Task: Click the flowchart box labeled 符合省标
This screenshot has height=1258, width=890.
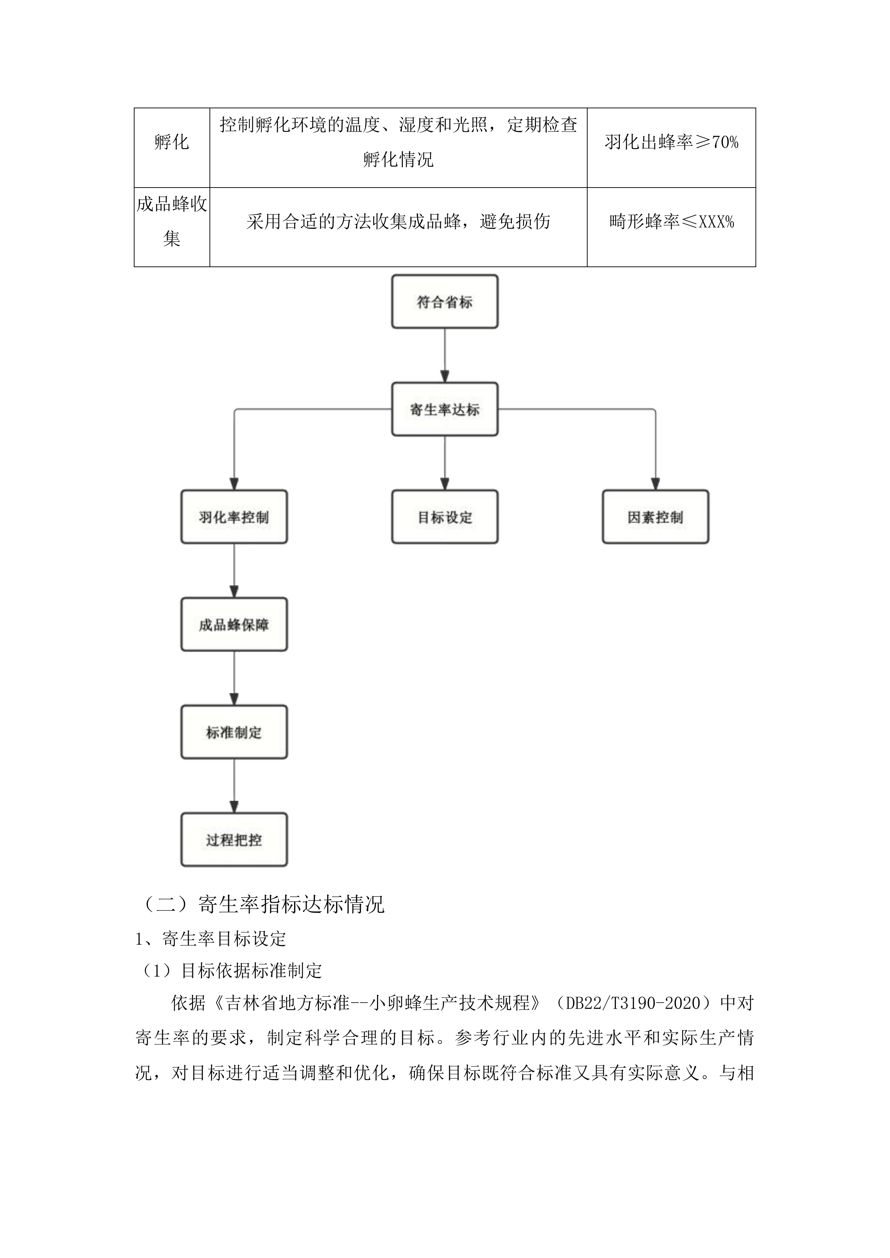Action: [444, 302]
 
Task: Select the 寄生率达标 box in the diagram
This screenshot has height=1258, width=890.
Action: [444, 409]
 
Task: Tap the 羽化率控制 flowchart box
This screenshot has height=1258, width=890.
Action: [234, 517]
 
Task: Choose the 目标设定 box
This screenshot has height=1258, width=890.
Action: [444, 517]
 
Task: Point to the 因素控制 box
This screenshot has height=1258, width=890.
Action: [655, 517]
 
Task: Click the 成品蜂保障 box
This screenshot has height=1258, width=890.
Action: [234, 625]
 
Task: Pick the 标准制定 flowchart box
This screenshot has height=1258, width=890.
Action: [234, 732]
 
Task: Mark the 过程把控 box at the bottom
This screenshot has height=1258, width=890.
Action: [234, 840]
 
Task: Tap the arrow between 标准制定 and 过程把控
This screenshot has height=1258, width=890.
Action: [234, 786]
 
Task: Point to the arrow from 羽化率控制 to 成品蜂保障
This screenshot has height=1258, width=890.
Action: [234, 571]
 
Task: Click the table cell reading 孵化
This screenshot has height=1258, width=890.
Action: [171, 142]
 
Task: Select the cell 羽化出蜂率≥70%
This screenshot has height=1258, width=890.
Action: [671, 142]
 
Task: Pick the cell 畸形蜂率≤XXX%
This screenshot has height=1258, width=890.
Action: [671, 222]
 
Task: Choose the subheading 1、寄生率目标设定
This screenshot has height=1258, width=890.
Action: [211, 938]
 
